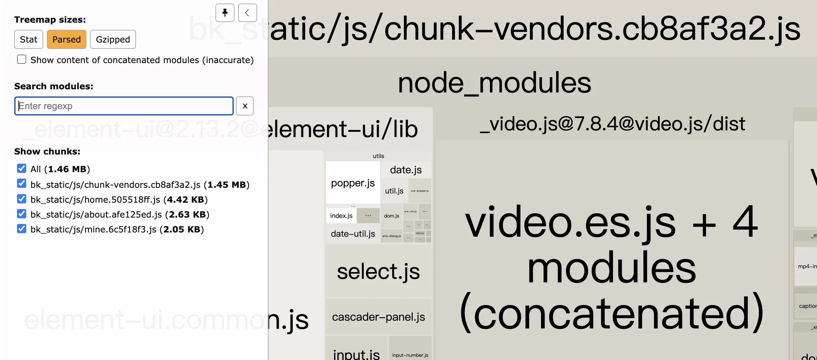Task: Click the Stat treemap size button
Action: tap(28, 39)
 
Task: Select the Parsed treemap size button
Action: tap(67, 39)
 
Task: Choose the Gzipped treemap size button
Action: tap(113, 39)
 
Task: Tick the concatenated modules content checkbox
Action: tap(22, 60)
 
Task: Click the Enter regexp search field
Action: tap(124, 106)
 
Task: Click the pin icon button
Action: tap(225, 13)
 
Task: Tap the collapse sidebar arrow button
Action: tap(247, 13)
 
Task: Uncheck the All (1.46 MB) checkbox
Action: tap(22, 168)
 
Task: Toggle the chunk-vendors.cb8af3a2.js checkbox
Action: tap(22, 184)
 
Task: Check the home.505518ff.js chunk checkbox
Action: tap(22, 199)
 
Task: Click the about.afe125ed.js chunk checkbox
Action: tap(22, 214)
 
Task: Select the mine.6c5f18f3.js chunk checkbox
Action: tap(22, 229)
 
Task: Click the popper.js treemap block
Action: tap(353, 183)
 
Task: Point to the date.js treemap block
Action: tap(406, 170)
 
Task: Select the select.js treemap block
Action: tap(378, 272)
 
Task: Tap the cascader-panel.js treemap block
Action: tap(378, 317)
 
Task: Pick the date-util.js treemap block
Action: tap(353, 234)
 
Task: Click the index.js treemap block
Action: tap(341, 216)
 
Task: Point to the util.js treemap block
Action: tap(394, 191)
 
